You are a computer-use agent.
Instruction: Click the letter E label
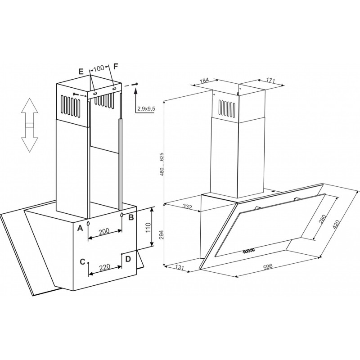(81, 72)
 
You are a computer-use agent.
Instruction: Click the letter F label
(116, 67)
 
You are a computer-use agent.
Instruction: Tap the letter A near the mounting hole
(80, 228)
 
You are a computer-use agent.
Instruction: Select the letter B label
(131, 217)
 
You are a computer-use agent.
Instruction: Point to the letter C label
(82, 262)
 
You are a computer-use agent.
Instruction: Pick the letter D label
(128, 259)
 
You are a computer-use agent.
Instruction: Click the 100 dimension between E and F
(99, 68)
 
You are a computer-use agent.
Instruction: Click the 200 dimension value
(104, 232)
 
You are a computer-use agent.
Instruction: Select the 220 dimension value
(105, 267)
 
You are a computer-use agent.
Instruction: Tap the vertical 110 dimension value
(148, 228)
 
